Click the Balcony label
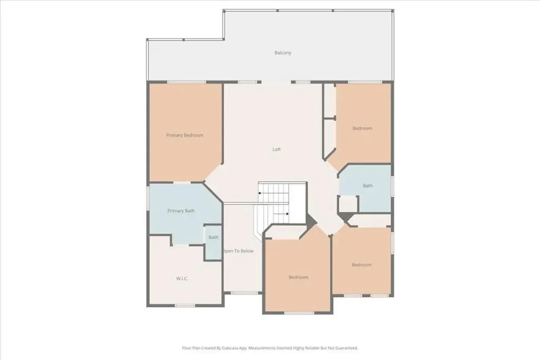point(283,53)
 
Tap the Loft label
point(276,149)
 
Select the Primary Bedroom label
point(185,135)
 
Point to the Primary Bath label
point(181,211)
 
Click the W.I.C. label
point(182,279)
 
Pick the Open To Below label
point(238,251)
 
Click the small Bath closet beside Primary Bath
point(213,242)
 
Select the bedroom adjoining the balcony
point(363,128)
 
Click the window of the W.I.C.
point(185,305)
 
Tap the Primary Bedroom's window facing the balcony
point(186,82)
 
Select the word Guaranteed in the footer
point(346,348)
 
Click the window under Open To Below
point(244,293)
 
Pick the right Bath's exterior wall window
point(392,186)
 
